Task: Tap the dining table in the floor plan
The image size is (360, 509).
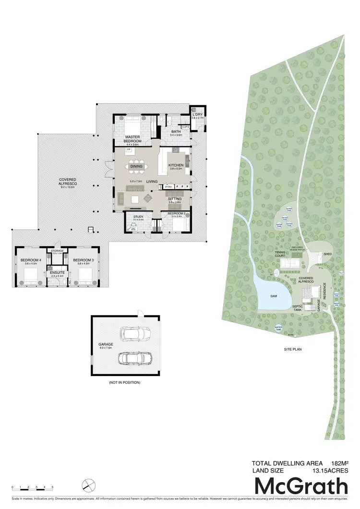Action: [136, 167]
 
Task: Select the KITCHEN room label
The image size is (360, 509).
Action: [176, 166]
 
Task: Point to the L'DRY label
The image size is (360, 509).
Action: [197, 115]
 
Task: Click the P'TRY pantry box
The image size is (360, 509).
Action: [168, 186]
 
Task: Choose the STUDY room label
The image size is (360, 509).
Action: [139, 218]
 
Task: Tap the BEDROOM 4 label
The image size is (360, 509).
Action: [29, 261]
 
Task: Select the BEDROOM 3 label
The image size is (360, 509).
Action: [82, 261]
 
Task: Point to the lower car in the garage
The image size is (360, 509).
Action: [135, 358]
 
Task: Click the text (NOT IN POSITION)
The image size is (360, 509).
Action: [125, 383]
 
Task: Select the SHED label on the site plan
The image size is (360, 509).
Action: [328, 254]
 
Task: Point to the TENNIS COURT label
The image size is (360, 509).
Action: [280, 254]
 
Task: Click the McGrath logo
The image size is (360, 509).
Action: [300, 487]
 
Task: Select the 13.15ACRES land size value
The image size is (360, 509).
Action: [330, 472]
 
